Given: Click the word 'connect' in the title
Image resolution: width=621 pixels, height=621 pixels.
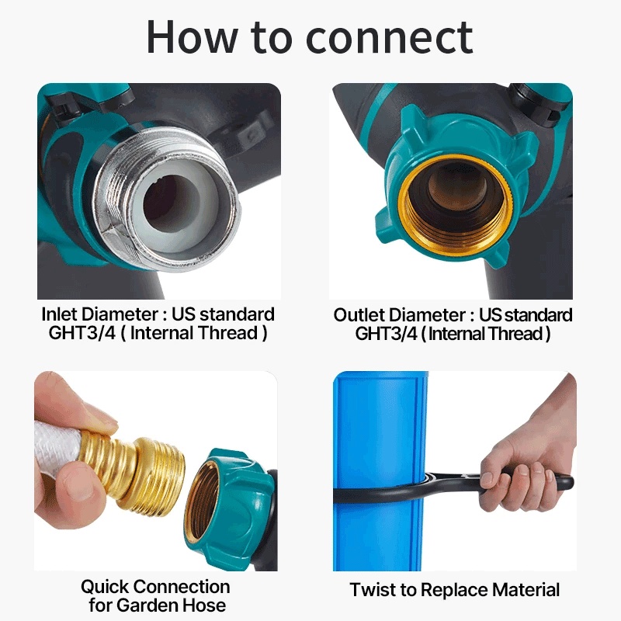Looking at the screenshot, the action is tap(390, 36).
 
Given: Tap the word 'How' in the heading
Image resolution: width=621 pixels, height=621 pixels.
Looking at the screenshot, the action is tap(191, 36).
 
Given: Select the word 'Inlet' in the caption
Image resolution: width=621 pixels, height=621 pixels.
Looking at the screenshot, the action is tap(61, 314).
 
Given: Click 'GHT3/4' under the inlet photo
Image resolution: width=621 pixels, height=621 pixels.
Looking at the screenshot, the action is tap(82, 333).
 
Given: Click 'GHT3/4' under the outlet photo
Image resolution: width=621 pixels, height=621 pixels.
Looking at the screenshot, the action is tap(386, 334).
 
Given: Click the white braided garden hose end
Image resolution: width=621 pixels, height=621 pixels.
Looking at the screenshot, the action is tap(57, 446).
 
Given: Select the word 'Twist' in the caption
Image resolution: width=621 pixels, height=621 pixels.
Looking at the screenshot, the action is tap(373, 590).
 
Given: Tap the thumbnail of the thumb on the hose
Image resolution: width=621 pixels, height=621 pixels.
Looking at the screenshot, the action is tap(104, 420).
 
